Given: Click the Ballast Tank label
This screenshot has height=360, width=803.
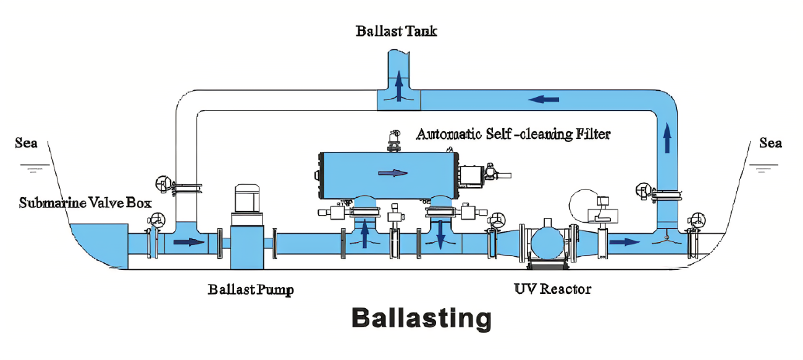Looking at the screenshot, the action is (x=396, y=31).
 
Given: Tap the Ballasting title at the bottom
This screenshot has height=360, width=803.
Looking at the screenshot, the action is (x=421, y=318).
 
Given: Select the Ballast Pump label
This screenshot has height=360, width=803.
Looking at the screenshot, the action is (x=251, y=290).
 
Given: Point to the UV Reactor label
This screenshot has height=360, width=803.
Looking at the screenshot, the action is (x=552, y=289).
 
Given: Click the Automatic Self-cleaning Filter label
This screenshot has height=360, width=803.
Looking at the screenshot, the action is (x=513, y=134).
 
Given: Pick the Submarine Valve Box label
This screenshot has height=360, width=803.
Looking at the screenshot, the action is (x=85, y=203).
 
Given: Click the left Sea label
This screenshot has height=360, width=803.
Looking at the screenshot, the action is (x=26, y=143).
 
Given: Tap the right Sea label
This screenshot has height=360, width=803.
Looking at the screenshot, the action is (x=770, y=143).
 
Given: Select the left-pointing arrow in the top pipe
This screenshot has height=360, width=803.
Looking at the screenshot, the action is (x=544, y=99).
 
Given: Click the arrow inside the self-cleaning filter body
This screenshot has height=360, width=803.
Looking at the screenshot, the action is (x=393, y=174).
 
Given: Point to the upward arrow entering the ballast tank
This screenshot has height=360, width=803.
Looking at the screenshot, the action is (x=398, y=86).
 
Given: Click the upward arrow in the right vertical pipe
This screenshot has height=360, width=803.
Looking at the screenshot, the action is (x=667, y=138).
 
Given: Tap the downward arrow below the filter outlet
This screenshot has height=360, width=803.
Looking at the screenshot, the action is (x=440, y=235).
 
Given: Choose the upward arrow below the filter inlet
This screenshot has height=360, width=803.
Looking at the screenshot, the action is (x=364, y=233).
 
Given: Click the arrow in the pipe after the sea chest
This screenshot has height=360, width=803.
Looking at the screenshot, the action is (x=189, y=242).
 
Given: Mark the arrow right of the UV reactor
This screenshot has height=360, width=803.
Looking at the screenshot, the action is (x=625, y=242).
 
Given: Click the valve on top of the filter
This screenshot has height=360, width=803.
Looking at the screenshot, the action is (x=394, y=141).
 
